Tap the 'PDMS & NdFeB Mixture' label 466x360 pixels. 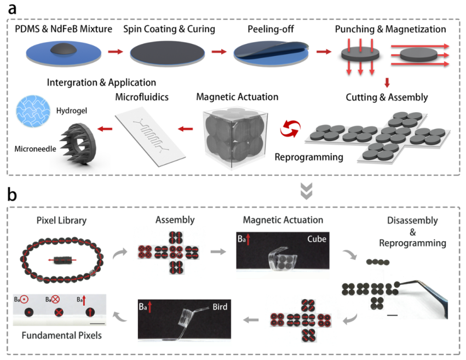64,28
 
